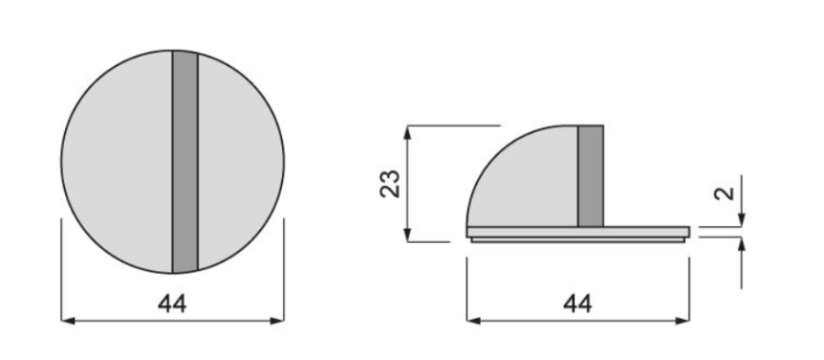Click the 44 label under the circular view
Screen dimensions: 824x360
click(172, 304)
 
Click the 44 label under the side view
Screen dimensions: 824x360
click(578, 304)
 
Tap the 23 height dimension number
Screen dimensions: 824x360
click(390, 183)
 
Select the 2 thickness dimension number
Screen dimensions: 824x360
click(724, 193)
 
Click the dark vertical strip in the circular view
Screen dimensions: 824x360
click(185, 162)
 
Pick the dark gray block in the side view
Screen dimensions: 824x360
click(591, 176)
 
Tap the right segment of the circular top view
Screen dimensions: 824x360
click(239, 162)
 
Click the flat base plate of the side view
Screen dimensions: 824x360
click(578, 232)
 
